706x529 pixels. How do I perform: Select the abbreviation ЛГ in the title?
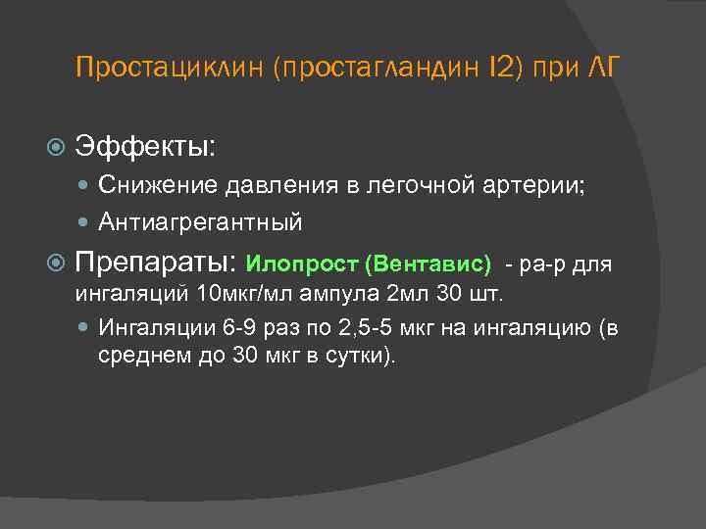598,70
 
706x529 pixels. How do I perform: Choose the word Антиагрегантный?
200,223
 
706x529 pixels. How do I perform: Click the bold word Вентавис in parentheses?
428,264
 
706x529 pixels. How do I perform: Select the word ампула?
336,293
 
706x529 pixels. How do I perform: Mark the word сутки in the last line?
359,355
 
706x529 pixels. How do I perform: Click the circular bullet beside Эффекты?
57,149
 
